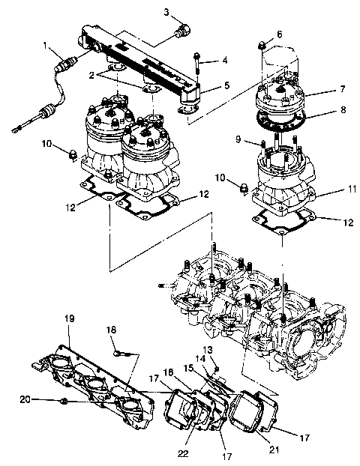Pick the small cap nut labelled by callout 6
tap(260, 47)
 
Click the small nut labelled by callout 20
tap(65, 402)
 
